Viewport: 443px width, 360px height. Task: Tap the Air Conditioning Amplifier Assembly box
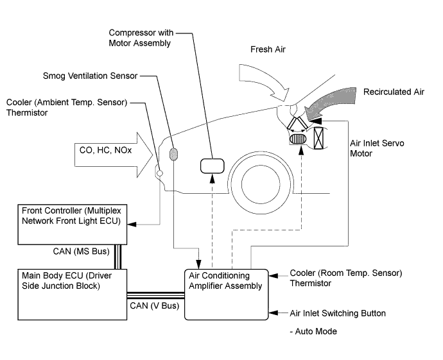click(x=225, y=294)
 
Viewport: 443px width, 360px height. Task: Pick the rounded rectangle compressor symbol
click(x=212, y=166)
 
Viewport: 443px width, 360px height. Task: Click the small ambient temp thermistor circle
click(x=159, y=173)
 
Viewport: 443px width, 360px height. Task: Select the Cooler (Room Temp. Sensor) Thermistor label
click(x=337, y=278)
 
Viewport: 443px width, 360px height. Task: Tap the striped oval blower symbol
click(x=299, y=139)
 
